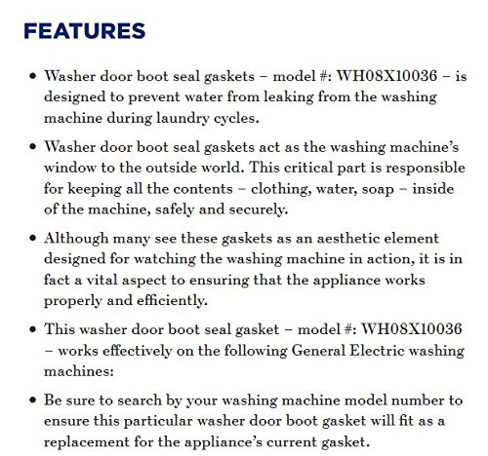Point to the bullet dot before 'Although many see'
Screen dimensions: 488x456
coord(34,238)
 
